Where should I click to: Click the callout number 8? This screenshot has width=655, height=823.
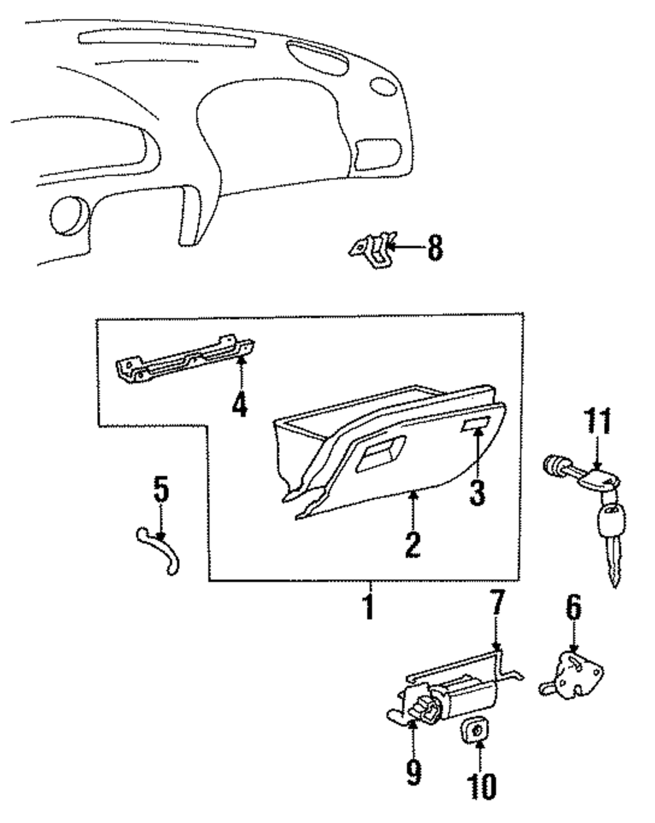tap(434, 249)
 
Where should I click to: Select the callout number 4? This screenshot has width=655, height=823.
tap(240, 404)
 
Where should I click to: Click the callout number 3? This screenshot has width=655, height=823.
tap(477, 491)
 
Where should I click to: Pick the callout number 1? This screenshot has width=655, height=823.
tap(369, 607)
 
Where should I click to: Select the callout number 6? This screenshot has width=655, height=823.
tap(573, 609)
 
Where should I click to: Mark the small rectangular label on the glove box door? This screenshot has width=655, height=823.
tap(474, 427)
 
